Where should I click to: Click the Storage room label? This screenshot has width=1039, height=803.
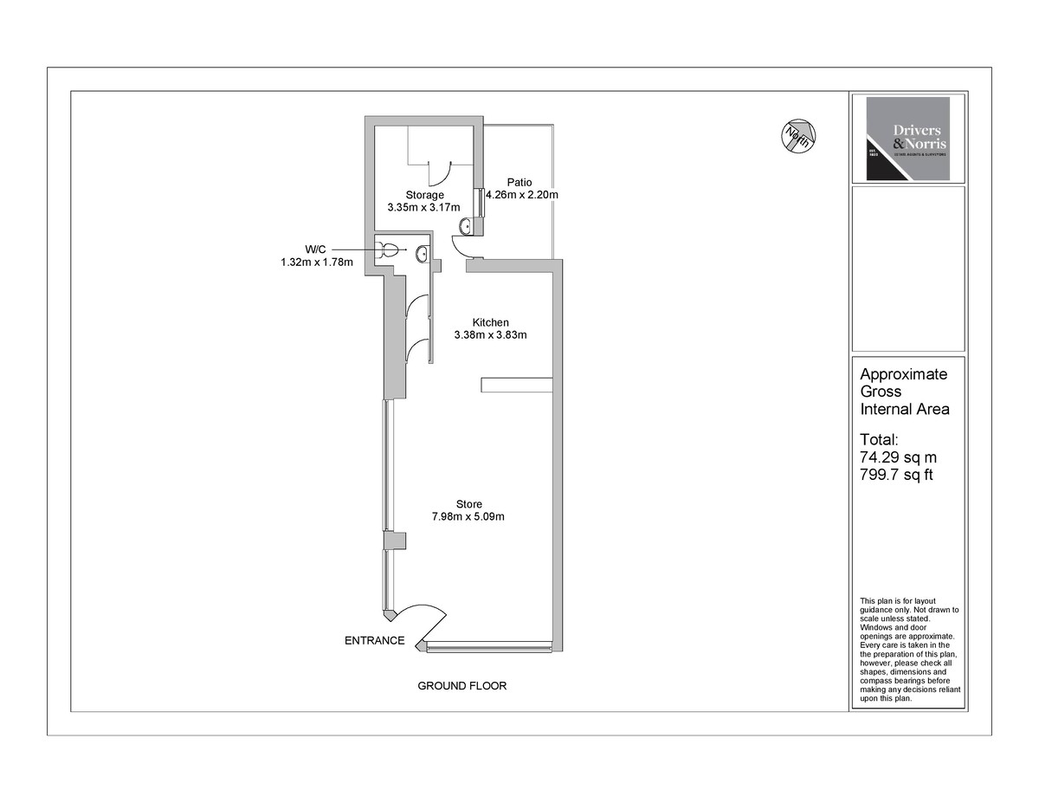pos(424,195)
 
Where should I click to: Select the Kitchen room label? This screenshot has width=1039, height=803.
pos(490,322)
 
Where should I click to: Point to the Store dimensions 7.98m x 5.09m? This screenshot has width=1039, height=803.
pos(468,517)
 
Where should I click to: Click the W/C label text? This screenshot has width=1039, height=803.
pos(316,249)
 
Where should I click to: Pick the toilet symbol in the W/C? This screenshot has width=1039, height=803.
pos(389,250)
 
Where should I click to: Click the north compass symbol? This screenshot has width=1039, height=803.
pos(797,135)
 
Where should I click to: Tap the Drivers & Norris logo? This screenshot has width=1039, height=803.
pos(907,139)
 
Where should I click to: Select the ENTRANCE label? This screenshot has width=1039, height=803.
pos(375,641)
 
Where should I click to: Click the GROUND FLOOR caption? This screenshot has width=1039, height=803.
pos(462,686)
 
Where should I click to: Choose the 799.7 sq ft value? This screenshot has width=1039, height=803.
pos(895,475)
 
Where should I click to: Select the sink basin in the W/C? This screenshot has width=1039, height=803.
pos(422,253)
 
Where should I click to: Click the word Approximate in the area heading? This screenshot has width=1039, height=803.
pos(903,374)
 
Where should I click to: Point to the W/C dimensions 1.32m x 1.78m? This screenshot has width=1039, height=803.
pos(317,262)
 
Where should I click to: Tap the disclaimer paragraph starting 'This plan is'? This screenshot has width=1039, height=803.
pos(908,649)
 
